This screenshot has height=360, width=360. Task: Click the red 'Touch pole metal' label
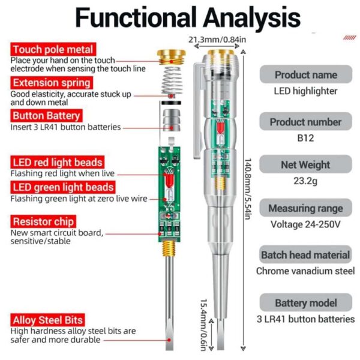coord(53,50)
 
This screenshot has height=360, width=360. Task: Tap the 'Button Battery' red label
coord(46,116)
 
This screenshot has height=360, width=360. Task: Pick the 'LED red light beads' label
coord(57,163)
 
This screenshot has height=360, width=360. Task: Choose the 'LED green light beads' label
coord(62,187)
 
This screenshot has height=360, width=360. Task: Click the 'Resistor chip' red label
coord(41,221)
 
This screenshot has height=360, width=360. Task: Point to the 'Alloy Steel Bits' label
coord(48,320)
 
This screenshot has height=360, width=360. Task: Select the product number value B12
coord(305,137)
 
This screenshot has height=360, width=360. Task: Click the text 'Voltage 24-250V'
coord(305,225)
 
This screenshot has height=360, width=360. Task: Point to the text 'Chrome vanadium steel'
coord(305,271)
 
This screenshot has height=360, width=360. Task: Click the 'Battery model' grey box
coord(305,303)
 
